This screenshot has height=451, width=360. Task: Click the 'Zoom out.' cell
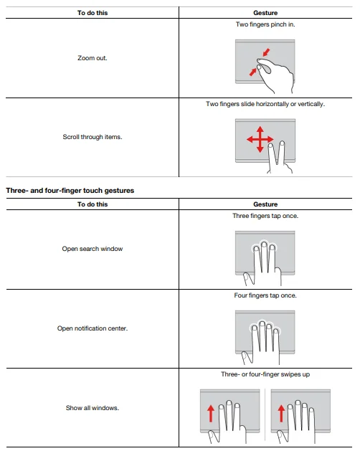coord(93,58)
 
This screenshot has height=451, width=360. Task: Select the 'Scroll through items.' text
coord(93,137)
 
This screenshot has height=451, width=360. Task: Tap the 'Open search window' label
coord(93,249)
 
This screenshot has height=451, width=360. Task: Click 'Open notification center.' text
coord(93,328)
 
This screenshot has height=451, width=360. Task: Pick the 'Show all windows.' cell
coord(93,408)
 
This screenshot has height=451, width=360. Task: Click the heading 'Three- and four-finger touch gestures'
coord(70,191)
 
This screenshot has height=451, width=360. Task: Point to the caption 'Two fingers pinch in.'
coord(265,24)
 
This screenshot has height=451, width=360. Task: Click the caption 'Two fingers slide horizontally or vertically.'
coord(265,104)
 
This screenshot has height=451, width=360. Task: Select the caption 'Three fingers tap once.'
coord(265,216)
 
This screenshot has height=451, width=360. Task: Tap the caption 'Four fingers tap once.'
coord(265,295)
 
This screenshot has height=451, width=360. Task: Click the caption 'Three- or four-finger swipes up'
coord(265,374)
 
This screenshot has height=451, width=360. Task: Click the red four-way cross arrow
coord(260,140)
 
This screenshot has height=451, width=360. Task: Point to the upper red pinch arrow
coord(267,52)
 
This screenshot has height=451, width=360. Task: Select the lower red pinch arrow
coord(253,72)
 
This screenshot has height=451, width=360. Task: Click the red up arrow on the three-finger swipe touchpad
coord(211,413)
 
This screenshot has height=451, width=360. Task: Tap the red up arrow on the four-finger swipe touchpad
coord(281,413)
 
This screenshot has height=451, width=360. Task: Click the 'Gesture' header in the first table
coord(265,13)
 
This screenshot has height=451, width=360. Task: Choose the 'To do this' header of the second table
coord(93,204)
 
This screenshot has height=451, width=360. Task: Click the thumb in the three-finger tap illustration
coord(249,279)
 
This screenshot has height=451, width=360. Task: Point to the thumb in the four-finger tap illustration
coord(247,358)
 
